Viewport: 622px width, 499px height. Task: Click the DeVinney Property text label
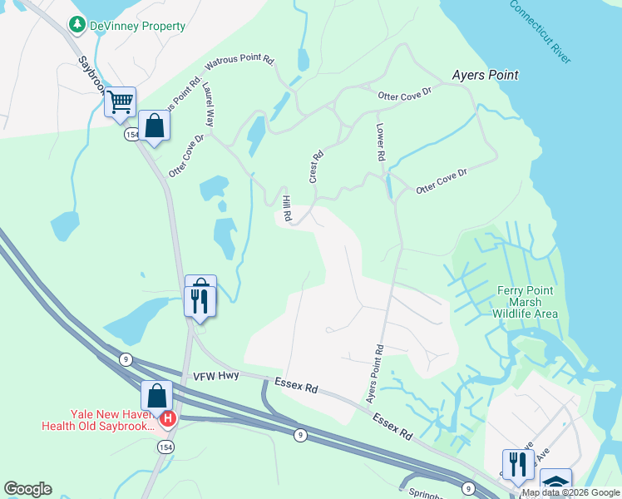click(139, 26)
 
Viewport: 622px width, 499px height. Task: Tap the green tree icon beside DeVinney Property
click(77, 25)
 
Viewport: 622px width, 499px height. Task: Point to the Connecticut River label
click(540, 32)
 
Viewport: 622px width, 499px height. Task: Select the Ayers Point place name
click(485, 75)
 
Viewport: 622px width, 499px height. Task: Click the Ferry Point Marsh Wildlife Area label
click(526, 302)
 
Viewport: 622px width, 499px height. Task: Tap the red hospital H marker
click(167, 418)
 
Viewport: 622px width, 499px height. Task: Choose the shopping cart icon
click(121, 102)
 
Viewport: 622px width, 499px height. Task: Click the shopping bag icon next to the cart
click(154, 126)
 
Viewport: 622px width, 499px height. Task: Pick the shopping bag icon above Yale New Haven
click(156, 396)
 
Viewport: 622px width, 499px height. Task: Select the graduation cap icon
click(555, 484)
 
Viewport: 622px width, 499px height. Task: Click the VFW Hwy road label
click(215, 376)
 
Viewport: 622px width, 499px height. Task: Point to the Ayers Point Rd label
click(375, 373)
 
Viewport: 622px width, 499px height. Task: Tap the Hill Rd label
click(286, 209)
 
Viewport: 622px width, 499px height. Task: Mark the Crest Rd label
click(314, 167)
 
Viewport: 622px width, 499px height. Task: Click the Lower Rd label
click(379, 142)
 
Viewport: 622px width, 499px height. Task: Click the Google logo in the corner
click(27, 489)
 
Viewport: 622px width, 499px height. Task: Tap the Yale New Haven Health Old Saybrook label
click(100, 420)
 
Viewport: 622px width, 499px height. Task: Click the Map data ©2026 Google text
click(570, 492)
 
